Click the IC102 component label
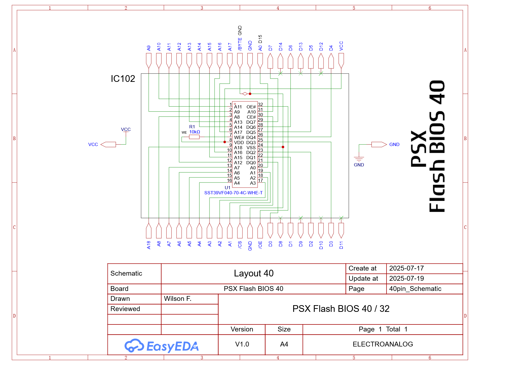pos(123,79)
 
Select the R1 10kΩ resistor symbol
pos(194,137)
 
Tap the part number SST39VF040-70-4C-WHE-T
pos(233,193)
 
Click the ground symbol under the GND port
pos(359,159)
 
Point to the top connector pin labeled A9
pos(149,61)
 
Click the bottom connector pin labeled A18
pos(149,231)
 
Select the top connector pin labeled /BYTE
pos(240,61)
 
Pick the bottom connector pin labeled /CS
pos(240,231)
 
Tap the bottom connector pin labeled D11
pos(341,231)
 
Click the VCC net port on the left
pos(108,144)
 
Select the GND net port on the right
pos(379,144)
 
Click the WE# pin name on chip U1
pos(239,137)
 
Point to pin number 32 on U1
pos(260,104)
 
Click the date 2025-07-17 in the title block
pos(406,268)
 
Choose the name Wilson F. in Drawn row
pos(178,299)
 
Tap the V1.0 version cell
pos(242,344)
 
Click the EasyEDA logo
pos(162,346)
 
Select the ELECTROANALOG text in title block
pos(382,344)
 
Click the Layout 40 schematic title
pos(253,273)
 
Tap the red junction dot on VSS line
pos(283,147)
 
